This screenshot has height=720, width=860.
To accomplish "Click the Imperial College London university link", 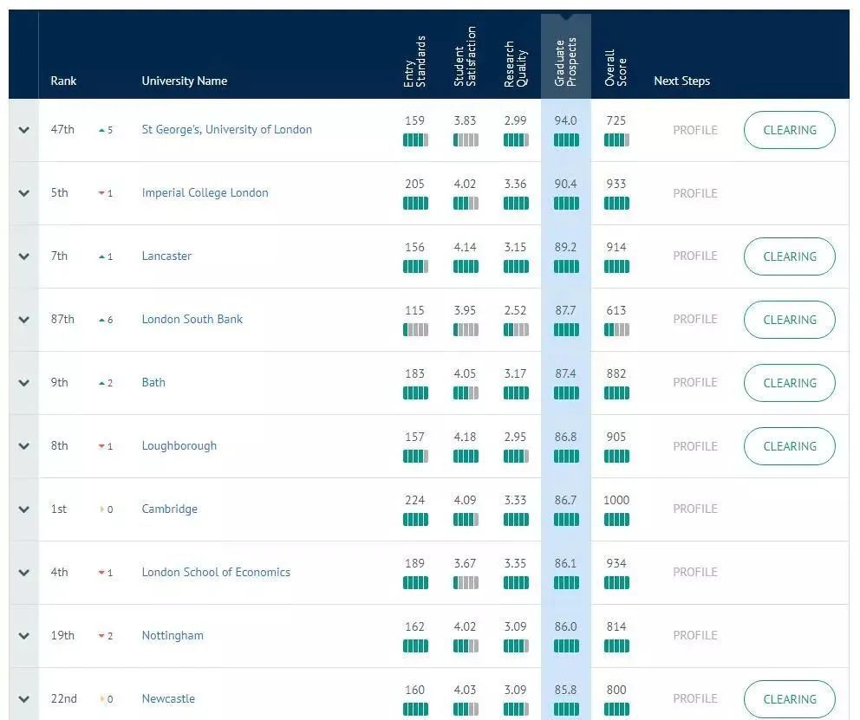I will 205,192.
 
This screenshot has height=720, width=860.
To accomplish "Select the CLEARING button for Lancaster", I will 789,256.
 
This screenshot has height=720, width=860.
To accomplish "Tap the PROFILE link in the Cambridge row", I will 695,509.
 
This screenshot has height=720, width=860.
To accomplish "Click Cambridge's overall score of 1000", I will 616,500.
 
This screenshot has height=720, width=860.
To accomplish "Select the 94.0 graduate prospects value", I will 565,120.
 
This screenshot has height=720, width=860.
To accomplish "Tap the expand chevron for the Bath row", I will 23,383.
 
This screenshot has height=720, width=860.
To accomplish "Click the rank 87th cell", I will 62,319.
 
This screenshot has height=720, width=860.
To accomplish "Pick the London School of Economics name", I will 216,572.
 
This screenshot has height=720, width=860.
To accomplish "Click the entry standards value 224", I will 414,500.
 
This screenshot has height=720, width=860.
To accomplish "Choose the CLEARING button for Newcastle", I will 789,698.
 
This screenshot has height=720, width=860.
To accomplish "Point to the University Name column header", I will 184,81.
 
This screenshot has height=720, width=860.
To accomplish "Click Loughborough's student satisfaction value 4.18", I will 465,437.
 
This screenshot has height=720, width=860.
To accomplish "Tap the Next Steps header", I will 681,81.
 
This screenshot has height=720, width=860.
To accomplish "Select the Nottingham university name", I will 173,635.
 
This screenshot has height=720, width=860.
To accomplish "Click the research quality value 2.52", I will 515,310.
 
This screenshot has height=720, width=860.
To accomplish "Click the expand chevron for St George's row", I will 23,130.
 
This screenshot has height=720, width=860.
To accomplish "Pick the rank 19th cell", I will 62,635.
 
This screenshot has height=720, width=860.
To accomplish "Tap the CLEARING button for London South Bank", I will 789,320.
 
